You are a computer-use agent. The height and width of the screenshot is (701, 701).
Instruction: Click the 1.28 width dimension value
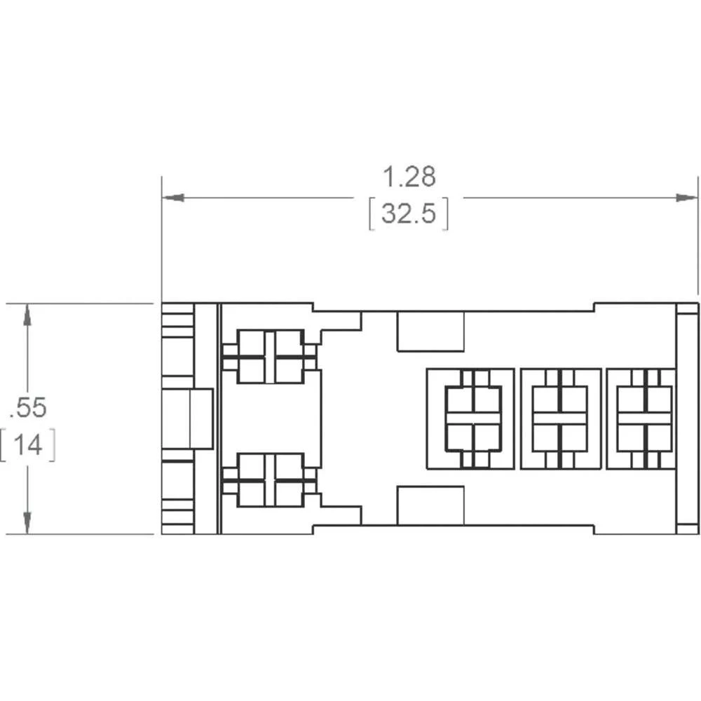pos(409,177)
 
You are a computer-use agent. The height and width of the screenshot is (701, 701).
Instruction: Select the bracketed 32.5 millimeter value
pos(409,213)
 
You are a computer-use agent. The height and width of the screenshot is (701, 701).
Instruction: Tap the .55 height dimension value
pos(28,407)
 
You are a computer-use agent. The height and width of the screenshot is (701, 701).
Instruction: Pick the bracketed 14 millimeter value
pos(28,445)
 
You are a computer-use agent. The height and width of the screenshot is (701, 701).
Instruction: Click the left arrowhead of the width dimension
pos(173,198)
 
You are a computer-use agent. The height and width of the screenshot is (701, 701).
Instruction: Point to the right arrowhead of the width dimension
pos(686,198)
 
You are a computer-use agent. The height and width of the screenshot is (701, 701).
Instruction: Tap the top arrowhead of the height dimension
pos(27,315)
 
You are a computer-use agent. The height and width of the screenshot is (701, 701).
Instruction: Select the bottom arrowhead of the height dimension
pos(27,523)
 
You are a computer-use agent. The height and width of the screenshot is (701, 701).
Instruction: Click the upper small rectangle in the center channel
pos(430,332)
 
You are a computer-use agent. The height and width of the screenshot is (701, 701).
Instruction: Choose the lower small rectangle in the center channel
pos(430,505)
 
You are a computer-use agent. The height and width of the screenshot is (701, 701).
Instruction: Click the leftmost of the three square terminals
pos(471,419)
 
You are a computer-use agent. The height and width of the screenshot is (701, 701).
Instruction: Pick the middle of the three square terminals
pos(561,419)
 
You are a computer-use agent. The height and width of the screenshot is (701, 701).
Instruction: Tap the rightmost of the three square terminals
pos(641,419)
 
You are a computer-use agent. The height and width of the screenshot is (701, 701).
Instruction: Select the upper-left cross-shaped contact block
pos(270,357)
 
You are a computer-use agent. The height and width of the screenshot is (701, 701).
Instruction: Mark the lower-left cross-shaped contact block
pos(270,480)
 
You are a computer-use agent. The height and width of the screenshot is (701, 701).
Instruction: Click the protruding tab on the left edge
pos(187,418)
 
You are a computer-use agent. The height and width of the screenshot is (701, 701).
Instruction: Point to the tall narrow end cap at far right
pos(687,418)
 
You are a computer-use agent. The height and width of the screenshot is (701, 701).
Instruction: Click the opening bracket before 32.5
pos(371,214)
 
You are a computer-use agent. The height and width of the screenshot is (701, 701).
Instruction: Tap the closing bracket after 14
pos(53,445)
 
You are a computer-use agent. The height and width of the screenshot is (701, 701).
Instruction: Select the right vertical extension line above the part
pos(697,236)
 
